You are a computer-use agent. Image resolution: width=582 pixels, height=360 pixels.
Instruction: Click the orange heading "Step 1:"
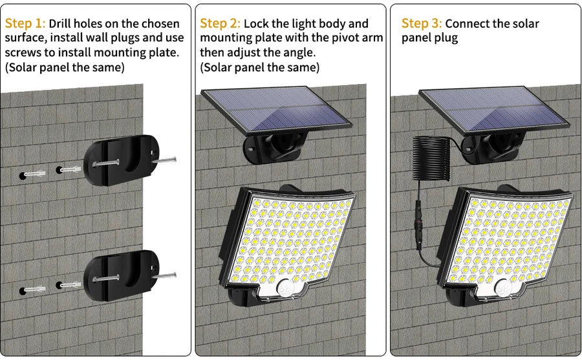25,24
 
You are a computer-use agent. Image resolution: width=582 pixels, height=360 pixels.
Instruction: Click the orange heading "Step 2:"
221,24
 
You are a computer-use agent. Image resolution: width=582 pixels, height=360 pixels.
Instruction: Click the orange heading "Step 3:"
422,24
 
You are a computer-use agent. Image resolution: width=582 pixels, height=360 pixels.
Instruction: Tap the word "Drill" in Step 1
63,24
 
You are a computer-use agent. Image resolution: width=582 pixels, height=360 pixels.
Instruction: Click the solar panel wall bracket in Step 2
275,149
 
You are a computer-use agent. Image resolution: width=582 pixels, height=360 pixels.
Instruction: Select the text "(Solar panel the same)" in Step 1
65,67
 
